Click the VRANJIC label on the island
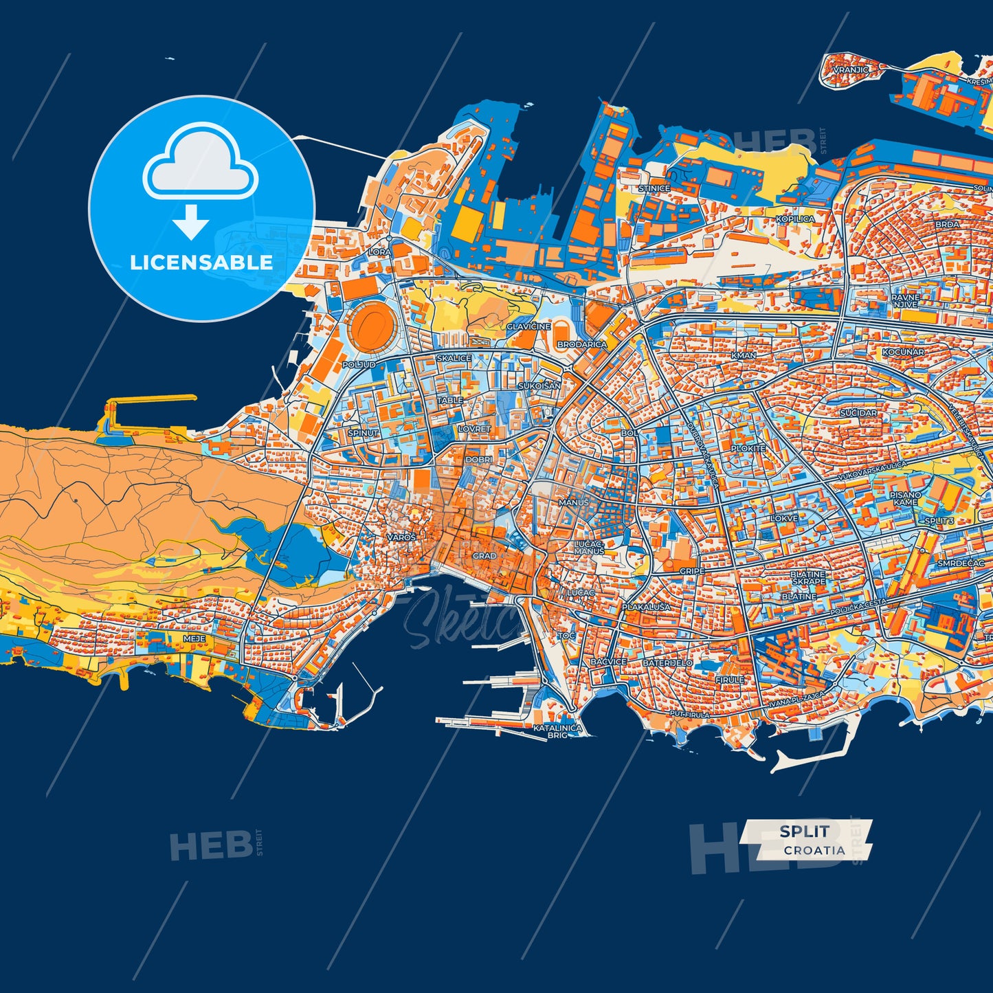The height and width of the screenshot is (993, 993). pos(851,69)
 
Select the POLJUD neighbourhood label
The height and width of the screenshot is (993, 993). pos(359,365)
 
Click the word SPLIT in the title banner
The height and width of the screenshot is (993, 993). pos(804,832)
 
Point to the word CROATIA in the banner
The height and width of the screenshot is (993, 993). pos(814,850)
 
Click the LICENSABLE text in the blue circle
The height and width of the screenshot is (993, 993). pos(201,263)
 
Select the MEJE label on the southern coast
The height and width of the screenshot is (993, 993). pos(194,638)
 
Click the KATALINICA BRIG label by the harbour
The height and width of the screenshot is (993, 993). pos(557,731)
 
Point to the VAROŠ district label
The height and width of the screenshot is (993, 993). pos(401,537)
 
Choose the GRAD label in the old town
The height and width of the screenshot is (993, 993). pos(484,556)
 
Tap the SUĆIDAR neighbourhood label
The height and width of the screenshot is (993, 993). pos(858,413)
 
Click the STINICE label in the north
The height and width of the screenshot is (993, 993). pos(654,188)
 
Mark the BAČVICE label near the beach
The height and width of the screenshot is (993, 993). pos(608,662)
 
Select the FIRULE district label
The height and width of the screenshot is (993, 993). pos(729,680)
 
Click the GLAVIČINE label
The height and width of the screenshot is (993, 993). pos(528,326)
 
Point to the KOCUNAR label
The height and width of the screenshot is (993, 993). pos(903,352)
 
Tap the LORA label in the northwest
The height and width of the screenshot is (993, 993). pos(379,252)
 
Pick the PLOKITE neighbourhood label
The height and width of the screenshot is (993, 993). pos(748,448)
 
